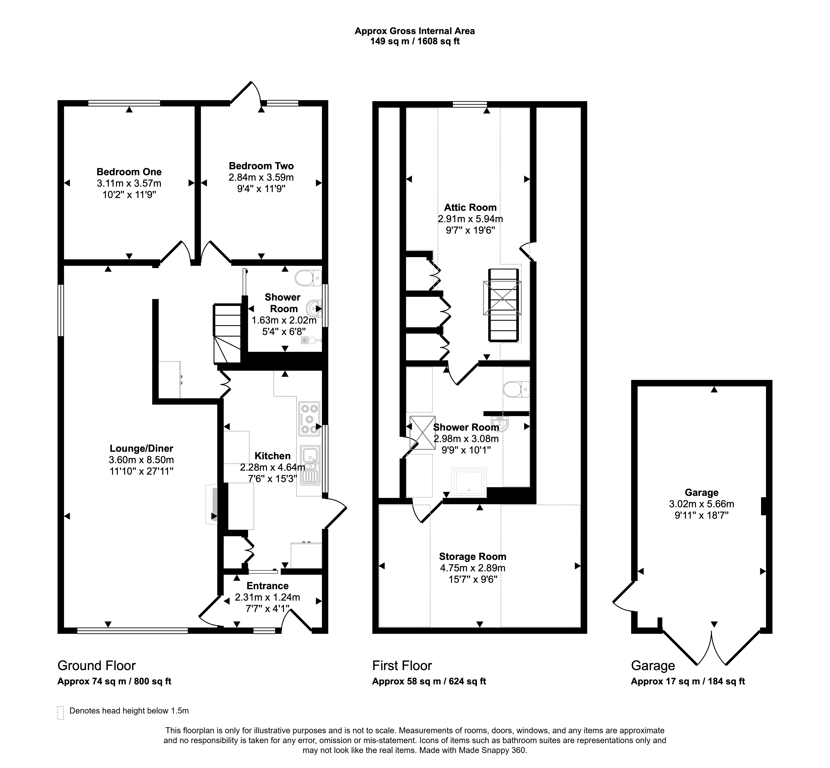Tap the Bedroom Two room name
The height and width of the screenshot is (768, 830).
[261, 166]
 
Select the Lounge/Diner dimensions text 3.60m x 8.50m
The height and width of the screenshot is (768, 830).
[141, 460]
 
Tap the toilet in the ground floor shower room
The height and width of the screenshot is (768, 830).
[308, 278]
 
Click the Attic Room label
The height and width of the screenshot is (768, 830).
[470, 207]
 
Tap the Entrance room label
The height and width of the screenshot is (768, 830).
[267, 586]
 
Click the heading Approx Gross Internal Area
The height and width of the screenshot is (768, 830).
[415, 31]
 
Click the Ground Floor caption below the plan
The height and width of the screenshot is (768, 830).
[96, 666]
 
